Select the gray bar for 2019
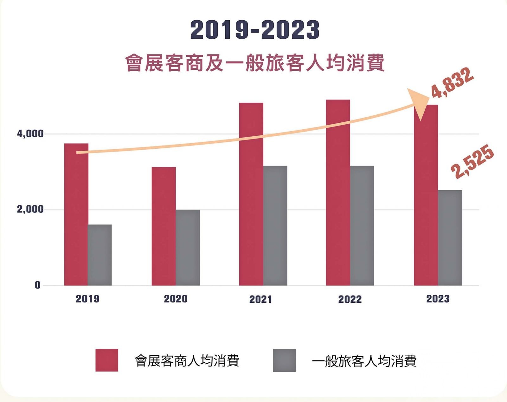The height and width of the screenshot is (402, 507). pyautogui.click(x=100, y=255)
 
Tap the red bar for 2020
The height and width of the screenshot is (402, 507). pyautogui.click(x=164, y=226)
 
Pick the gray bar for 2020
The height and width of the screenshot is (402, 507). pyautogui.click(x=188, y=248)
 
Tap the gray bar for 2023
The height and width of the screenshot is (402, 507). pyautogui.click(x=450, y=238)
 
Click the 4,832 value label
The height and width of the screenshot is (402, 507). pyautogui.click(x=452, y=83)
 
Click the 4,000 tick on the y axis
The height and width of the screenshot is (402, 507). pyautogui.click(x=30, y=134)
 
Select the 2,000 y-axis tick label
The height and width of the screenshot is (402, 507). pyautogui.click(x=30, y=209)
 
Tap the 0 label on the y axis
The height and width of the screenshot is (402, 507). pyautogui.click(x=37, y=285)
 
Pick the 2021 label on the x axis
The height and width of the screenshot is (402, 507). pyautogui.click(x=260, y=299)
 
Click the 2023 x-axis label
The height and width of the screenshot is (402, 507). pyautogui.click(x=438, y=299)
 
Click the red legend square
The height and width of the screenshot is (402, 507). pyautogui.click(x=107, y=360)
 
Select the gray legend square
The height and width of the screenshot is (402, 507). pyautogui.click(x=284, y=360)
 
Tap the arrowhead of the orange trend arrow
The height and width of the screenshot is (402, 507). pyautogui.click(x=418, y=103)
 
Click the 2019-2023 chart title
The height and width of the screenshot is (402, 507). pyautogui.click(x=255, y=30)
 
